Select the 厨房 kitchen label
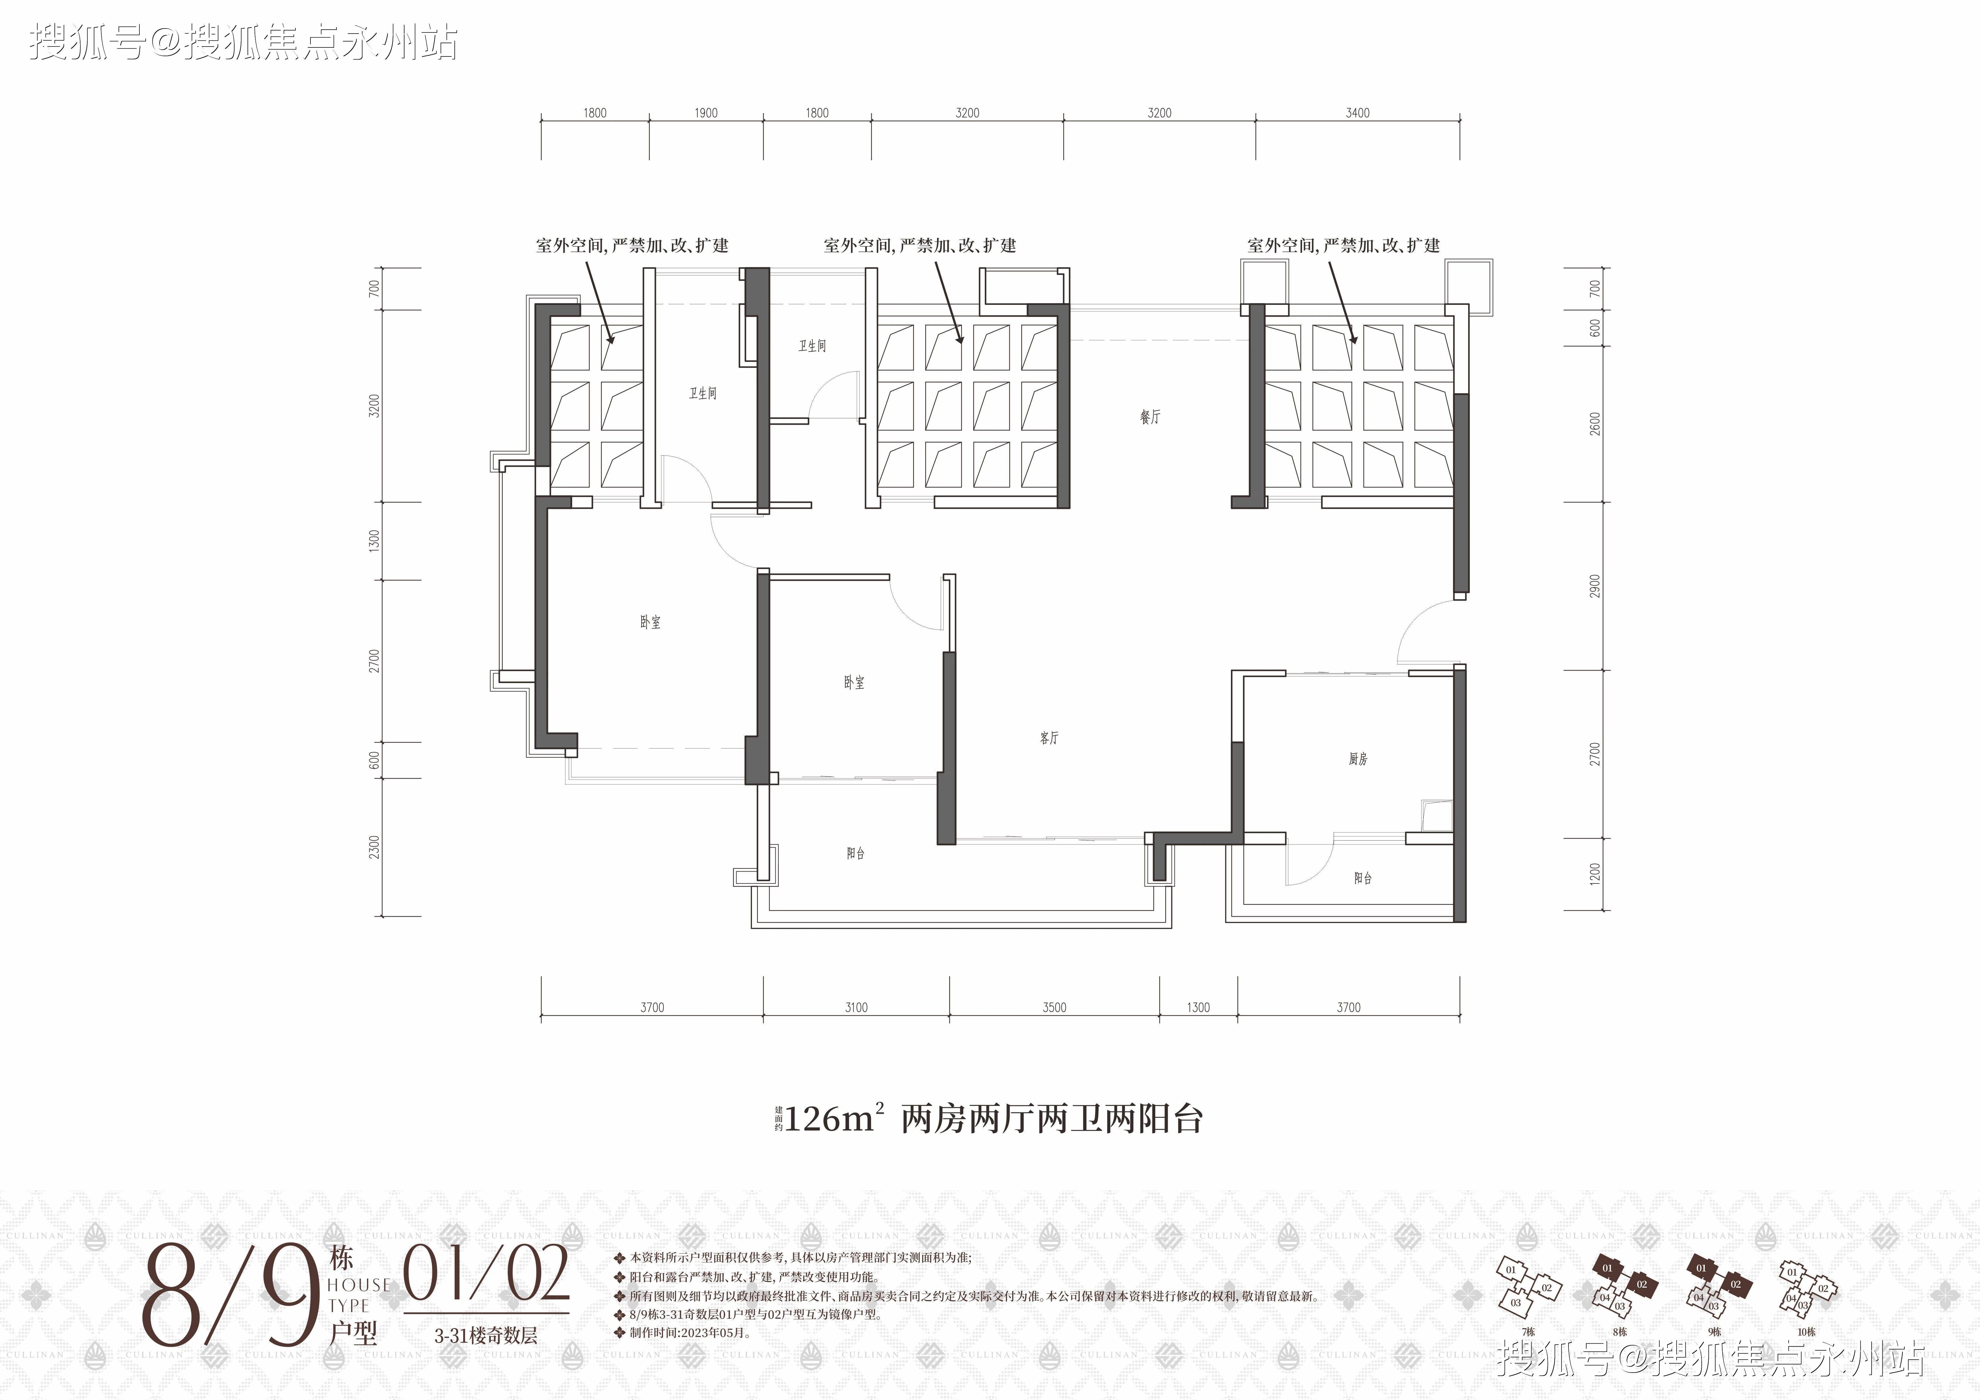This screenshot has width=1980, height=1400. [x=1358, y=759]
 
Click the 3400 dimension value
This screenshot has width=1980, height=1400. [x=1357, y=113]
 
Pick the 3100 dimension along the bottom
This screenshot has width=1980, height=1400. [x=856, y=1007]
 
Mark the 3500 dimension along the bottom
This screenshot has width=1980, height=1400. [x=1055, y=1007]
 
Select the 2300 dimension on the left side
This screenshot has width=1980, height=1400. [x=374, y=847]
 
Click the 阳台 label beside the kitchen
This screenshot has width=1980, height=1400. [x=1362, y=878]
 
